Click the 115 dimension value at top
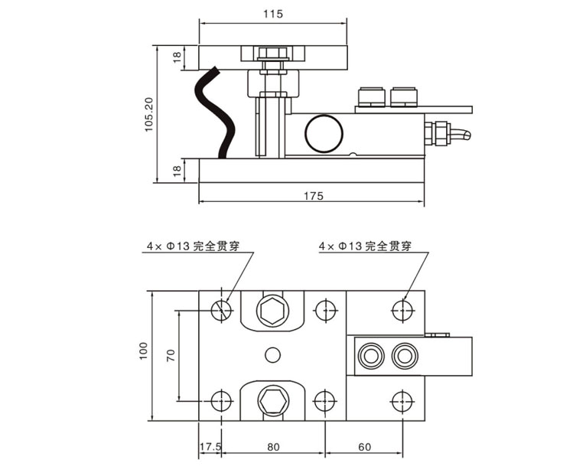point(274,14)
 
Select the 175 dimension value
point(313,196)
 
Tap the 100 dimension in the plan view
point(143,351)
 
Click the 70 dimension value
point(171,355)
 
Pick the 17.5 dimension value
point(210,446)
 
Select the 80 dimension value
point(273,446)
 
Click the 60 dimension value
point(363,446)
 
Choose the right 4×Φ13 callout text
point(366,246)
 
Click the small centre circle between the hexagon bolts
point(272,354)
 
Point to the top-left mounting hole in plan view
point(222,309)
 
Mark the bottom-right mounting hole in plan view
point(400,400)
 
